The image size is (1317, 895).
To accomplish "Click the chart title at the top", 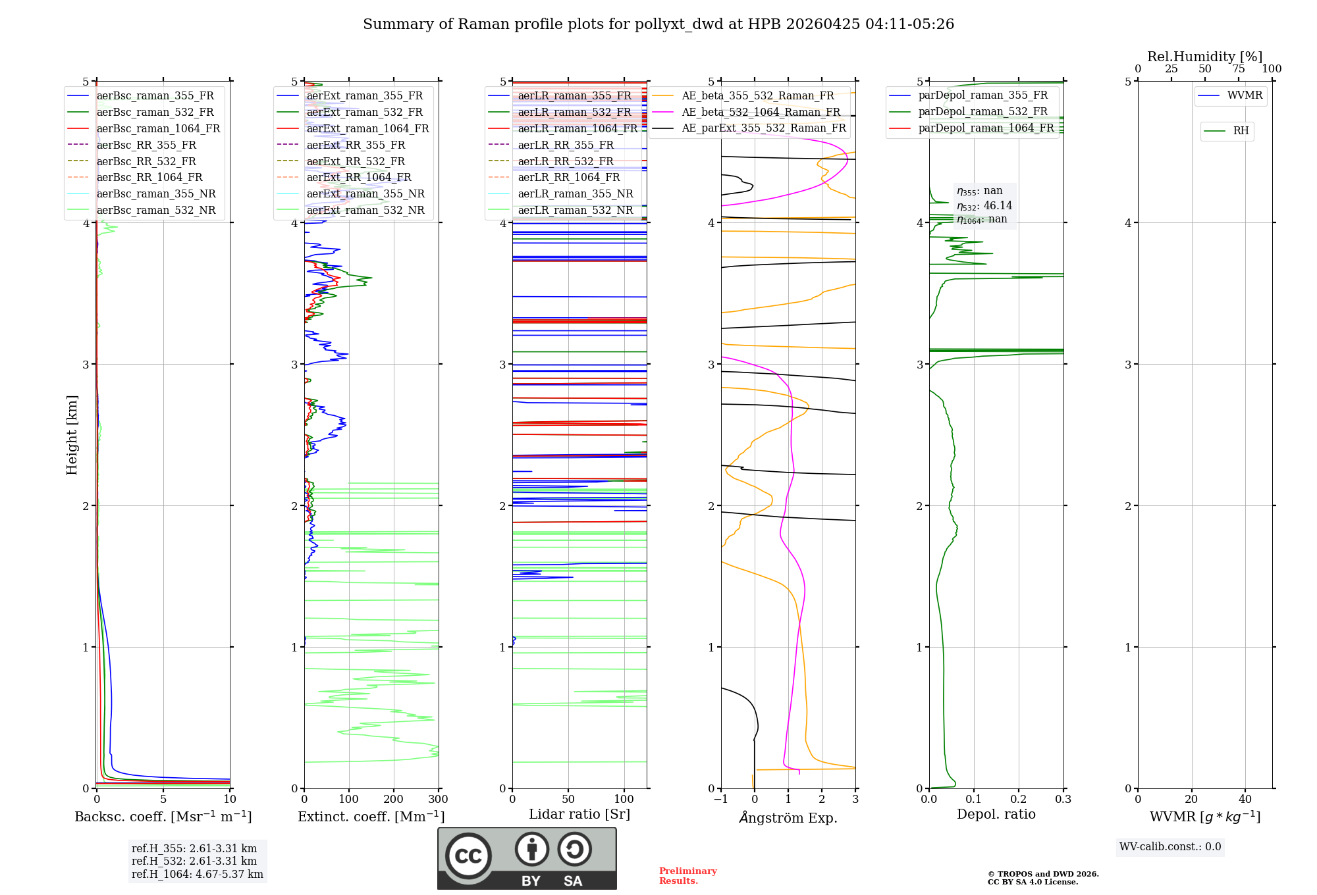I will point(658,24).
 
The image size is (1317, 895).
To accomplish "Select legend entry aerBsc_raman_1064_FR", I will point(158,128).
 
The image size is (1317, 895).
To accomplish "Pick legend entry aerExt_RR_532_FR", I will point(356,161).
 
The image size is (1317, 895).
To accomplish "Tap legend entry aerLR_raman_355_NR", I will point(575,193).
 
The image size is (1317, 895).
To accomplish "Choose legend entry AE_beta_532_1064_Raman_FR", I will point(761,112).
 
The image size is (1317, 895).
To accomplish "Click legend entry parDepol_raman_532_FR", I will point(982,112).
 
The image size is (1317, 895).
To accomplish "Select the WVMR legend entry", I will point(1245,95).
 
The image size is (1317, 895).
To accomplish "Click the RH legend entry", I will point(1241,131).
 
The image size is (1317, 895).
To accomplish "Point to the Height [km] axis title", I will point(72,435).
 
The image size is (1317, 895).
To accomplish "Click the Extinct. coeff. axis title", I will point(371,817).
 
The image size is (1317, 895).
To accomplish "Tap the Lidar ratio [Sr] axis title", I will point(579,814).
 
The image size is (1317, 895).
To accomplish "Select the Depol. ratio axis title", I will point(996,814).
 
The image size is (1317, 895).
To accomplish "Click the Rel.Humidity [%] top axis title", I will point(1204,57).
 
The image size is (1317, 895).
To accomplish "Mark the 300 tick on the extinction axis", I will point(438,800).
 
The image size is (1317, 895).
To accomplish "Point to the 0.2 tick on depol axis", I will point(1018,800).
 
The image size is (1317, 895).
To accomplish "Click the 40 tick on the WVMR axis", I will point(1245,800).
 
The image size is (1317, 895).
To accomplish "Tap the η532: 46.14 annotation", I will point(984,205).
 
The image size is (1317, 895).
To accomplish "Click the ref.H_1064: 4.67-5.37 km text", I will point(197,874).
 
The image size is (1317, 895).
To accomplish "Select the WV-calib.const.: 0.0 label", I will point(1170,847).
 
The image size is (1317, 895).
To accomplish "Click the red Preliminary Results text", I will point(687,876).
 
